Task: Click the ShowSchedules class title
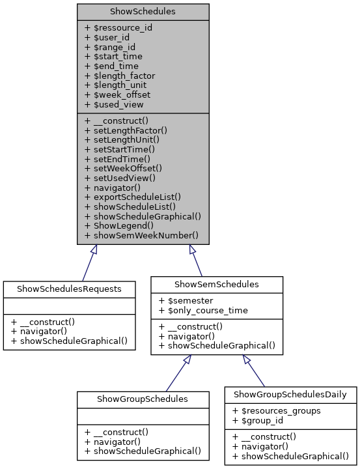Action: (x=143, y=11)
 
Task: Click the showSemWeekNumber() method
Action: (x=141, y=234)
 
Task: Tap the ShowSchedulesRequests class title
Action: (x=69, y=289)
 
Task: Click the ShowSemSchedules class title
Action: (x=217, y=284)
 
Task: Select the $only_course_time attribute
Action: (x=202, y=311)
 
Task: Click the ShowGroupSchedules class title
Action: (x=143, y=399)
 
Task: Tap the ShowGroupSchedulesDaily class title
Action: (x=290, y=394)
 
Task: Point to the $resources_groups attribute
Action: (x=275, y=411)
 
